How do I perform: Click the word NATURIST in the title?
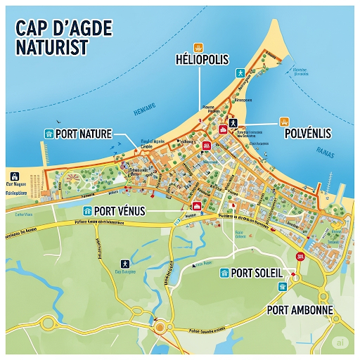point(50,47)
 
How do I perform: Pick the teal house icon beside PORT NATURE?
point(49,134)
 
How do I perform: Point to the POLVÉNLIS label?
point(307,134)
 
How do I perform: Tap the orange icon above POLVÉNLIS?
point(284,121)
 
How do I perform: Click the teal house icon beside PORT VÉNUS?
point(87,210)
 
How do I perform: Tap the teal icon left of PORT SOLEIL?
point(224,273)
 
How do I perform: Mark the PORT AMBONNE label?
point(300,309)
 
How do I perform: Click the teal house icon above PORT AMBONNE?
point(283,287)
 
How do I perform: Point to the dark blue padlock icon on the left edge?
point(13,176)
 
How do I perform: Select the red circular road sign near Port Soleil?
point(301,257)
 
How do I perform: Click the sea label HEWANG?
point(143,111)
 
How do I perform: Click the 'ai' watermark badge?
point(340,342)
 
